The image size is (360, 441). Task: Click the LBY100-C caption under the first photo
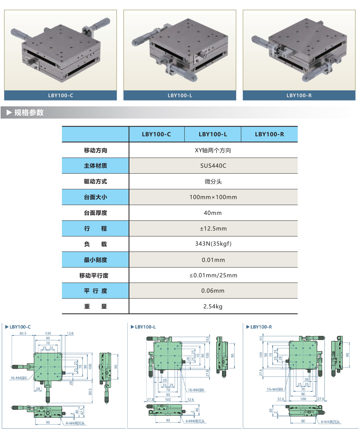click(61, 95)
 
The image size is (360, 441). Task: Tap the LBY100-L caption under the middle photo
click(180, 95)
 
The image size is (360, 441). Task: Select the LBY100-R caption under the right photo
click(299, 95)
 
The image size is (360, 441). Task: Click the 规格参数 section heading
click(29, 112)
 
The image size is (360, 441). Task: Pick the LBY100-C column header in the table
click(156, 134)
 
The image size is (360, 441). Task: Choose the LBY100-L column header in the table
click(213, 134)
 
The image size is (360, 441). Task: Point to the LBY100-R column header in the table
click(269, 134)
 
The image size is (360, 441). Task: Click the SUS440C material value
click(213, 166)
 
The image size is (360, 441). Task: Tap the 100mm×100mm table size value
click(213, 197)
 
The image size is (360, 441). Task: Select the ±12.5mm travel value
click(213, 229)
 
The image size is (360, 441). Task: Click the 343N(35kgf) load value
click(213, 244)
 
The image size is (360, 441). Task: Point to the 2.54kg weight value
click(213, 306)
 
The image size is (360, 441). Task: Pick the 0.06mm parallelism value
click(213, 291)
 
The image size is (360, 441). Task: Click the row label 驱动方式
click(95, 182)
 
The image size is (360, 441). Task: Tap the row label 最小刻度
click(95, 260)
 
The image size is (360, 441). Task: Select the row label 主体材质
click(95, 166)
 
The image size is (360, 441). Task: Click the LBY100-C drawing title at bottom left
click(20, 327)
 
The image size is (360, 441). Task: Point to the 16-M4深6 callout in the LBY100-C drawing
click(19, 378)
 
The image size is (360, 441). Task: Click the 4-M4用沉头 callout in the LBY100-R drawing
click(330, 422)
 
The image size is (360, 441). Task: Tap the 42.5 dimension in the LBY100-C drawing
click(82, 411)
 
